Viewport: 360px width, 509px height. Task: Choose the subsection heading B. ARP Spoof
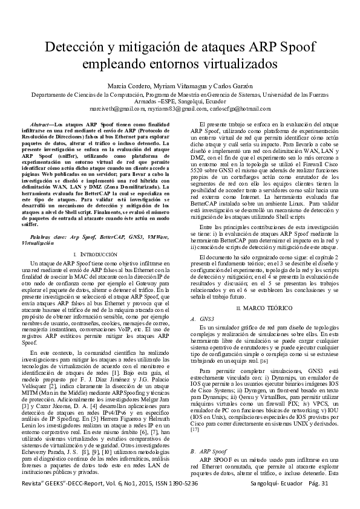(208, 452)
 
